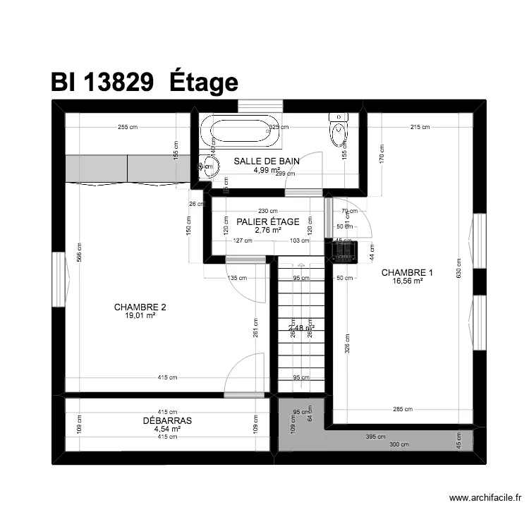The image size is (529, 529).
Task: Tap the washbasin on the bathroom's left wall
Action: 205,166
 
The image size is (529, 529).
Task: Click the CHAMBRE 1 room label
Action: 407,272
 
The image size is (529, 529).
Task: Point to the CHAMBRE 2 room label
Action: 140,307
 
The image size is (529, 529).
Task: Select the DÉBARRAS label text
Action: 167,420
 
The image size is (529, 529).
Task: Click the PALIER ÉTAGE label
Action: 268,221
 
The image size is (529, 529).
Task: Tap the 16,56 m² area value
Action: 407,281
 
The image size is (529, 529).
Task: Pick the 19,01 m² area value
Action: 140,315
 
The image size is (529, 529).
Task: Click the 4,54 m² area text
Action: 167,429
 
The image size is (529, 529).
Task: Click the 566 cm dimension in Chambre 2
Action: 79,252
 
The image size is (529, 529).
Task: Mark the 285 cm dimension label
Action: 403,409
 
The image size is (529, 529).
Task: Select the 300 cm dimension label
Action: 399,444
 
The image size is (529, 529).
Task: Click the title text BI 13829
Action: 102,83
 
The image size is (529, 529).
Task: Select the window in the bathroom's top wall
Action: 260,106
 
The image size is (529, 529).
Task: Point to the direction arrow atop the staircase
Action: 301,266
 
